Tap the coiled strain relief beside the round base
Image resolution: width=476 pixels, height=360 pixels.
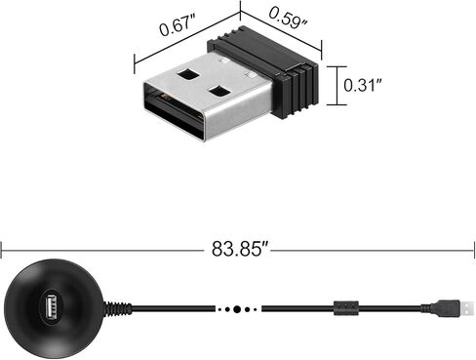[119, 309]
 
